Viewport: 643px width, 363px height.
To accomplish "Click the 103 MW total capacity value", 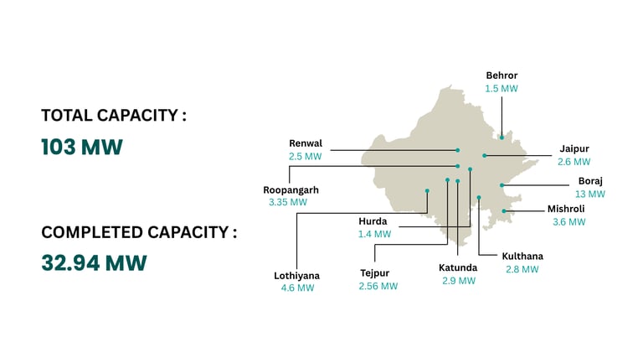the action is (82, 148).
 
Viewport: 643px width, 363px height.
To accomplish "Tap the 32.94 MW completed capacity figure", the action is (94, 263).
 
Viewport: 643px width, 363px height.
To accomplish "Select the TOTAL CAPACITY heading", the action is (113, 116).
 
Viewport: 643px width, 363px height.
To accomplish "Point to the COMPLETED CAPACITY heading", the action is (139, 232).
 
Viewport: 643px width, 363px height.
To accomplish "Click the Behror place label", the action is (502, 75).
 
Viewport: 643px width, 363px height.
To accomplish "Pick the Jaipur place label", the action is (574, 149).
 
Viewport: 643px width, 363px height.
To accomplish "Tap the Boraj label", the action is (590, 180).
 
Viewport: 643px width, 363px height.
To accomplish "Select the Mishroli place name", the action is (566, 209).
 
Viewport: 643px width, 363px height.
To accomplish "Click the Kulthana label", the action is (522, 256).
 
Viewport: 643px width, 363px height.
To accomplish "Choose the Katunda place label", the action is (458, 267).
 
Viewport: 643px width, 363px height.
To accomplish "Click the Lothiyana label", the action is (297, 275).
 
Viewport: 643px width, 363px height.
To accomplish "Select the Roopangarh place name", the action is (291, 189).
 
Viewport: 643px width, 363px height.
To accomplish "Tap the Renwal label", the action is (306, 143).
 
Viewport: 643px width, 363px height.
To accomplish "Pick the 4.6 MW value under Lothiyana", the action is (297, 288).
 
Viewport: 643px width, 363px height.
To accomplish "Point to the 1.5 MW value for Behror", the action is (502, 88).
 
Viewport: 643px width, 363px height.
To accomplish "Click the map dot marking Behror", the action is (502, 137).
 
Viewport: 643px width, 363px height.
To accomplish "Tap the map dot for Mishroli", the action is (503, 211).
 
